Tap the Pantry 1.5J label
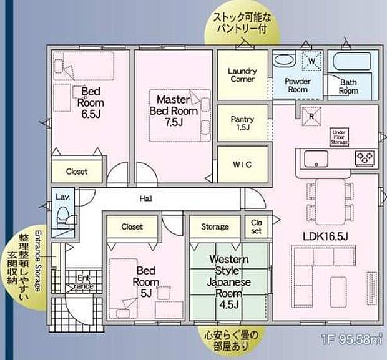point(242,122)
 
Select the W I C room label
point(242,164)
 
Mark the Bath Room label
point(348,86)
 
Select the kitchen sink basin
point(316,158)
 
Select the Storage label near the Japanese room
point(214,226)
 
